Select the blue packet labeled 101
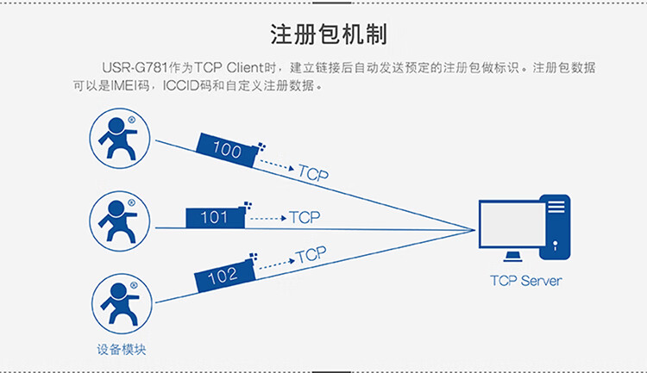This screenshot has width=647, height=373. pyautogui.click(x=216, y=217)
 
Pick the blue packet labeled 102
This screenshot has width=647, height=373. pyautogui.click(x=223, y=276)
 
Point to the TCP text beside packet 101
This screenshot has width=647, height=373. pyautogui.click(x=305, y=217)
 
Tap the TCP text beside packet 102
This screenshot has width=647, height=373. pyautogui.click(x=311, y=255)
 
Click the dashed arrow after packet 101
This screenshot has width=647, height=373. pyautogui.click(x=266, y=218)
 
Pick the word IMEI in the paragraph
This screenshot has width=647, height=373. pyautogui.click(x=121, y=86)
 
